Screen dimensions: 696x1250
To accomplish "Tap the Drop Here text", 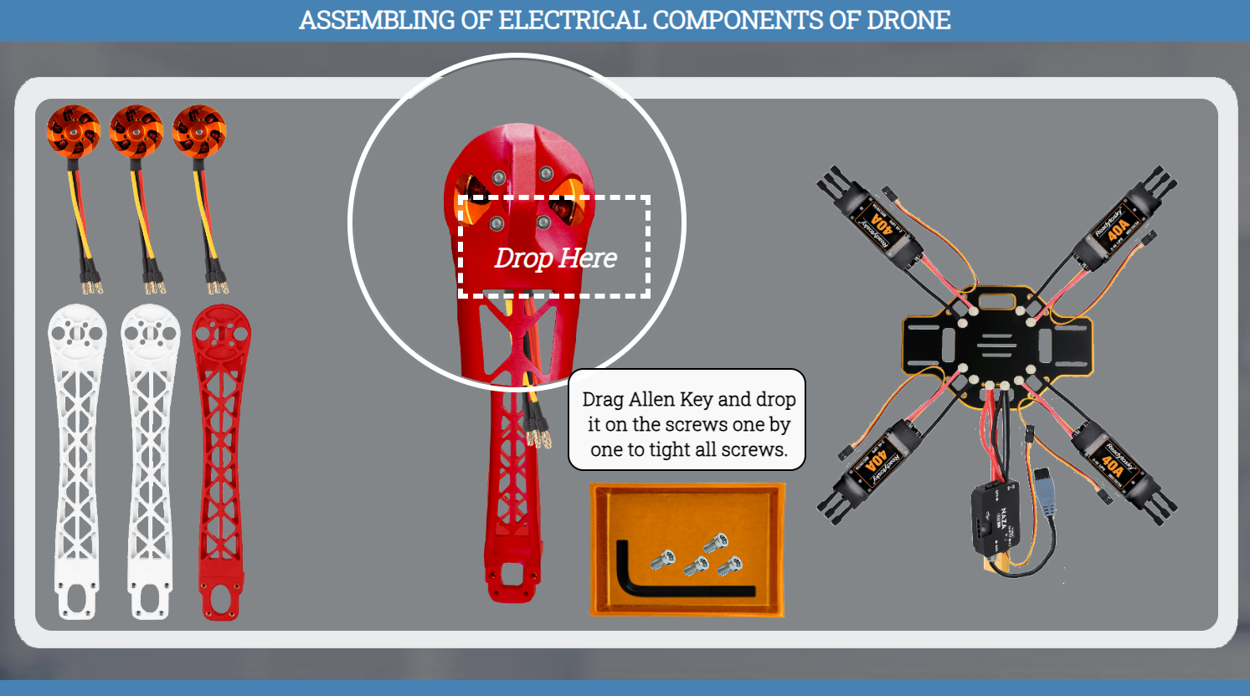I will tap(555, 258).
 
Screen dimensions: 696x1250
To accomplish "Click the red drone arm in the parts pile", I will tap(221, 460).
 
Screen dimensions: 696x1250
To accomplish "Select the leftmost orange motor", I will tap(74, 132).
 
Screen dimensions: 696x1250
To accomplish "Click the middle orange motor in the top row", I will tap(136, 132).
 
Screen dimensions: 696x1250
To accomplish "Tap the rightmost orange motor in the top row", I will tap(199, 132).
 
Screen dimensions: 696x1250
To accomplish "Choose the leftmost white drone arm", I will tap(77, 460).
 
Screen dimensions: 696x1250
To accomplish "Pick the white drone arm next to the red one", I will tap(151, 460).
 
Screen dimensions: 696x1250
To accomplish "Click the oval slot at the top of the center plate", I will tap(996, 301).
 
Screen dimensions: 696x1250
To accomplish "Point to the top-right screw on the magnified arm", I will tap(546, 173).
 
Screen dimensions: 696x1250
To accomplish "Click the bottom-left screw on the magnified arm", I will tap(496, 223).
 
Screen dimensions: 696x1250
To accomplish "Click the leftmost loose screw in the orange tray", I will tap(662, 560).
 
